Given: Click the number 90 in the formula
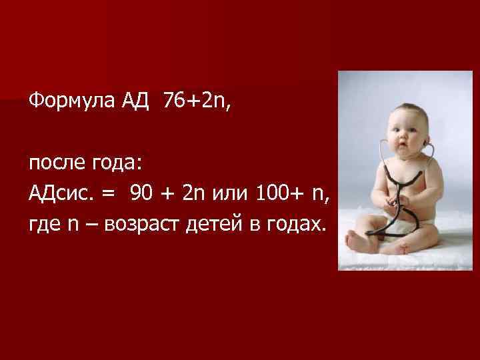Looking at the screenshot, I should pos(141,194).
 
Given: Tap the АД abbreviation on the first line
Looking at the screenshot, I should pos(134,102).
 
